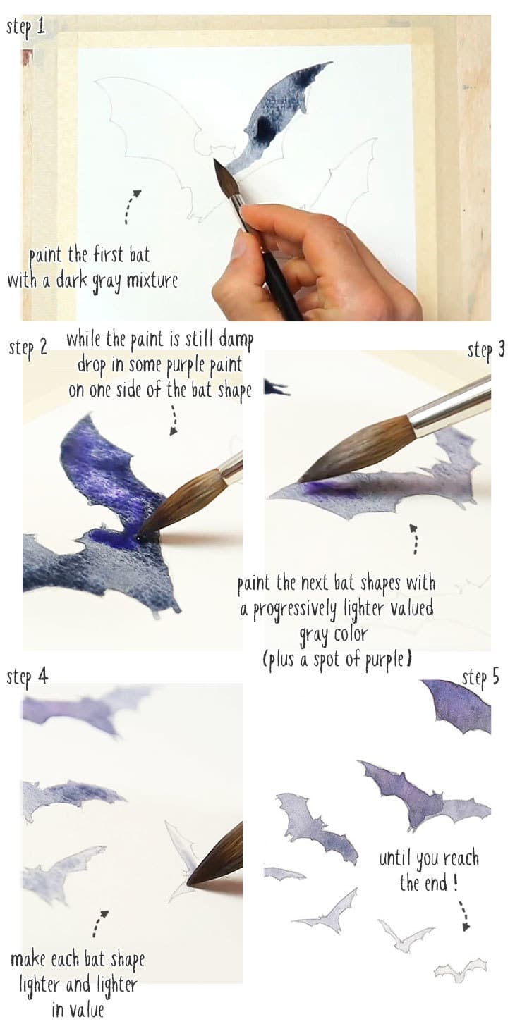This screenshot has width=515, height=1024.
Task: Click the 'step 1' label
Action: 25,27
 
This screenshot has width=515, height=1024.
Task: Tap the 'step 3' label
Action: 486,350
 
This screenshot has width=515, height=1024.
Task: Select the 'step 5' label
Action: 480,677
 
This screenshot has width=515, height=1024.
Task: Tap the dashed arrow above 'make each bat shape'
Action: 99,923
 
